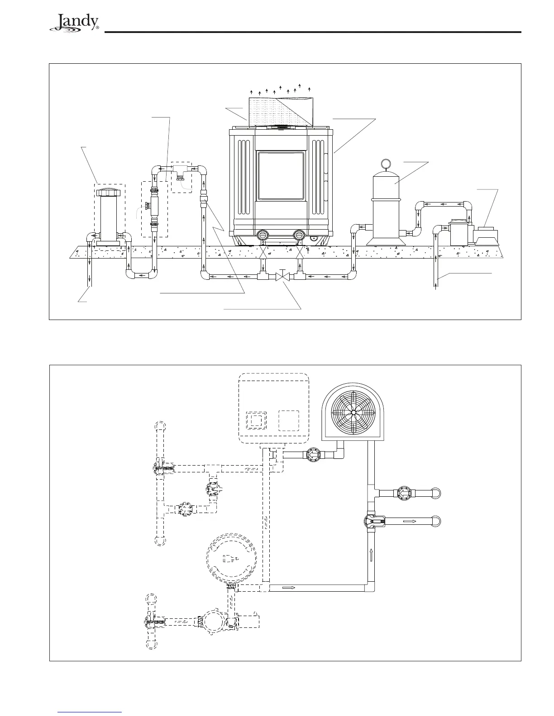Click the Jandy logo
click(75, 23)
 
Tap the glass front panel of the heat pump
click(281, 176)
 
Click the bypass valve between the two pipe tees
click(281, 275)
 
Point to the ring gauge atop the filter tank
click(385, 163)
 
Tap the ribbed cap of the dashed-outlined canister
click(110, 192)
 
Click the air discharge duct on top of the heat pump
click(280, 112)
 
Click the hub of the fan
click(353, 412)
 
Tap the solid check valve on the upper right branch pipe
click(404, 493)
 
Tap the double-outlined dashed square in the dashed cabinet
click(256, 420)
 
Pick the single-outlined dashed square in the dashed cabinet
click(289, 420)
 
